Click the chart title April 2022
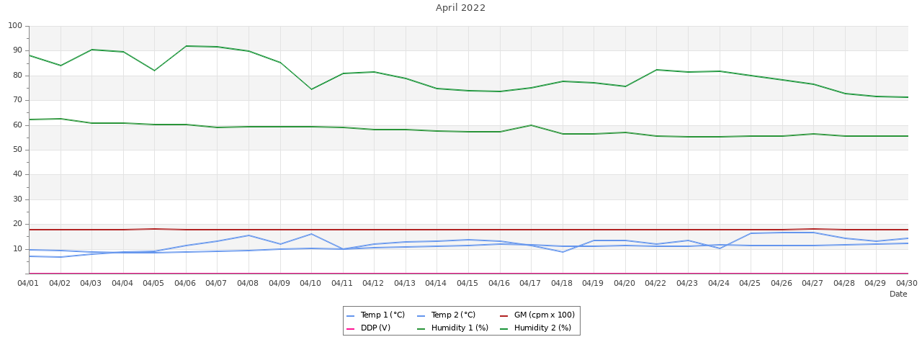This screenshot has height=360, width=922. coord(460,8)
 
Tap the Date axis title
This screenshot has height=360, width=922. coord(898,294)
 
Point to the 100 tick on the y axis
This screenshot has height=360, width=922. coord(15,26)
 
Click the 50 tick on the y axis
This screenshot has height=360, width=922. coord(17,150)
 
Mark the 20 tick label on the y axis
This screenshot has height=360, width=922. coord(17,224)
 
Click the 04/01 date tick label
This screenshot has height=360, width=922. coord(29,283)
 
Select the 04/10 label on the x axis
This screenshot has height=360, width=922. coord(310,283)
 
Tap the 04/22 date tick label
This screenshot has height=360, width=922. coord(655,283)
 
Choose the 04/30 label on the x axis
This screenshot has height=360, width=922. coord(907,283)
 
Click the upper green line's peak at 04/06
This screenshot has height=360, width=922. coord(186,46)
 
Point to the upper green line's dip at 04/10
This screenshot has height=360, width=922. coord(311,89)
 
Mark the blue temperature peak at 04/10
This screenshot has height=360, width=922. coord(311,234)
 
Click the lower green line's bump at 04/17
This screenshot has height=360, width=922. coord(531,125)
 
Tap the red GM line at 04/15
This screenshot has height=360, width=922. coord(468,230)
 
